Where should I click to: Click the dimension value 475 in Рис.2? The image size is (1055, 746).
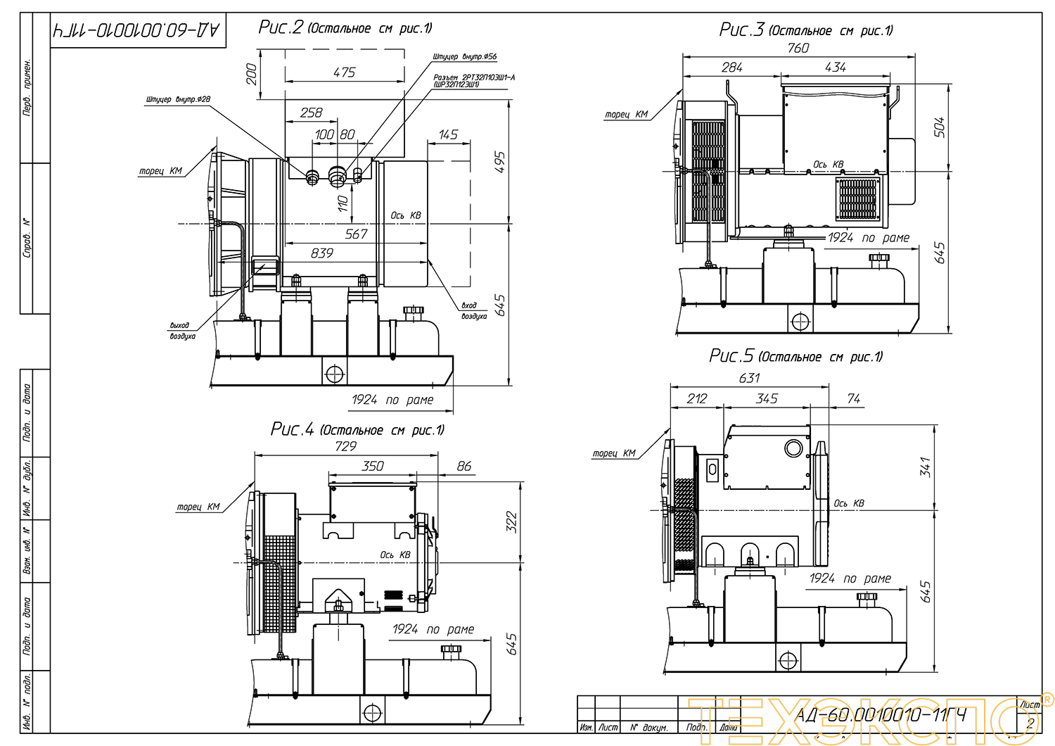point(344,72)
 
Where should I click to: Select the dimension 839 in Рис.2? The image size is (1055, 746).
point(321,253)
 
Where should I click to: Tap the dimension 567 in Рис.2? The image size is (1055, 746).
point(356,234)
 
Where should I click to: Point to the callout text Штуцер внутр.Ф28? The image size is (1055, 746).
point(178,99)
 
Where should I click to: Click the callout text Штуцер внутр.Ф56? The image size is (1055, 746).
point(464,56)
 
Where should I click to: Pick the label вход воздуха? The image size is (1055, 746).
point(473,310)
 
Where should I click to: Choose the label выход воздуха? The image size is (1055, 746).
point(182,331)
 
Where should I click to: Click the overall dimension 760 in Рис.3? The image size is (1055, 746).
point(798,48)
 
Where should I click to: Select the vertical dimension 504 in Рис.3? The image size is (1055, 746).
point(939,127)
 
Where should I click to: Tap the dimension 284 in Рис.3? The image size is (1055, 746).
point(731,68)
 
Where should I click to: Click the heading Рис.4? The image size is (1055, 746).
point(292,429)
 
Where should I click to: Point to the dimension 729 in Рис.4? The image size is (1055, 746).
point(345,446)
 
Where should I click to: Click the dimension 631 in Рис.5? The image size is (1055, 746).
point(749,378)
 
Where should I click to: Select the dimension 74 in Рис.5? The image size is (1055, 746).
point(853,399)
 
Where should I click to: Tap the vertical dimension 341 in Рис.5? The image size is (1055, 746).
point(925,467)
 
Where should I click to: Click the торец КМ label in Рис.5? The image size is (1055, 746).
point(613,454)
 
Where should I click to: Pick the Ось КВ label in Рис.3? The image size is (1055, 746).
point(828,165)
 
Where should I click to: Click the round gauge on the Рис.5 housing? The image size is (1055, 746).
point(793,448)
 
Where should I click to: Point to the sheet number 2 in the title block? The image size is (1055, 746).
point(1030,723)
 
